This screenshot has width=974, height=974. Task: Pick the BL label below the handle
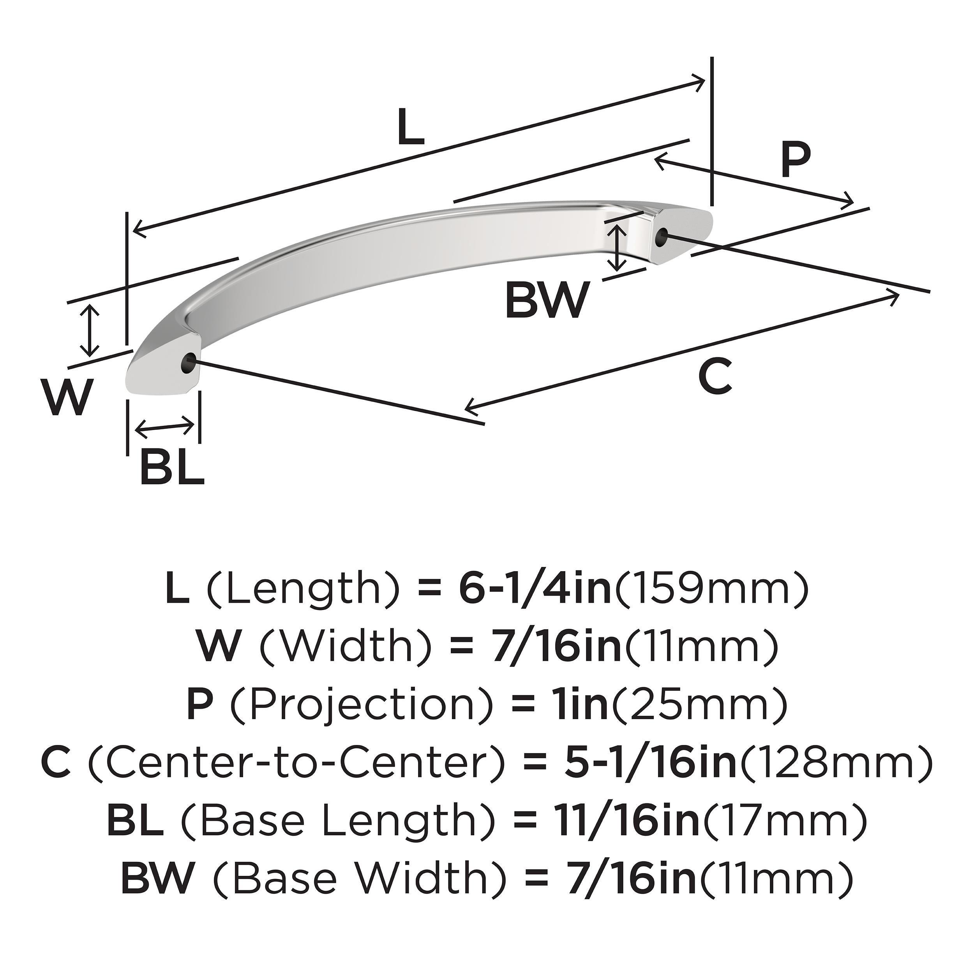click(171, 468)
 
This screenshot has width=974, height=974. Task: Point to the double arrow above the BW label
click(617, 247)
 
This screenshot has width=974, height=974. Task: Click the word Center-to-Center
click(297, 763)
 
